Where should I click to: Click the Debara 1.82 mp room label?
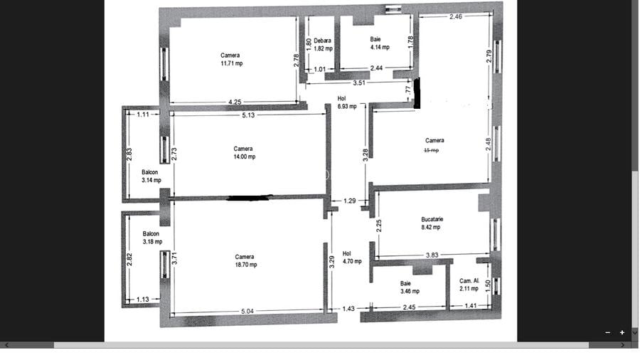323,45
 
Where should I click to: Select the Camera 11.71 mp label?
230,59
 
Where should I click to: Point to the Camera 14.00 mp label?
243,153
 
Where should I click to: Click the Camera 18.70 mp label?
245,260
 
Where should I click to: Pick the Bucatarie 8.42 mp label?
431,223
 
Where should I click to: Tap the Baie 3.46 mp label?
410,287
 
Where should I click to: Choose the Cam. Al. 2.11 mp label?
469,285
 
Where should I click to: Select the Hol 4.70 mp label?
351,257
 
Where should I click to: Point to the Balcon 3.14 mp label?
151,176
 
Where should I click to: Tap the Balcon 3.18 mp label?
151,238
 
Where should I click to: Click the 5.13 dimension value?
248,115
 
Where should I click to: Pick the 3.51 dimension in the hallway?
359,83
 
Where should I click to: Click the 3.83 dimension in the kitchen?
432,255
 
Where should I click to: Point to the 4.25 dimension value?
235,102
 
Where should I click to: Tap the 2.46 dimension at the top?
456,16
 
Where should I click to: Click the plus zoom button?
622,332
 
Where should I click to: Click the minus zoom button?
608,332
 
